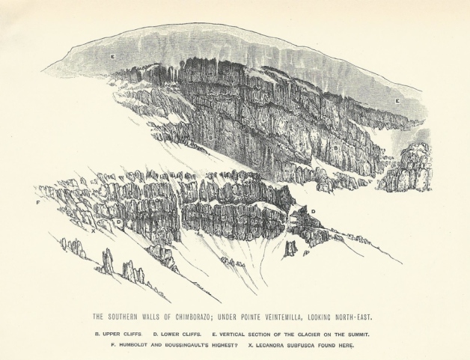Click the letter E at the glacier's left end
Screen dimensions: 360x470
coord(112,57)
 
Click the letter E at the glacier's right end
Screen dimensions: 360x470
coord(397,100)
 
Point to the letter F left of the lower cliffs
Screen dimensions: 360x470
coord(37,202)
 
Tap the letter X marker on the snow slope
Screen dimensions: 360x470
coord(93,231)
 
